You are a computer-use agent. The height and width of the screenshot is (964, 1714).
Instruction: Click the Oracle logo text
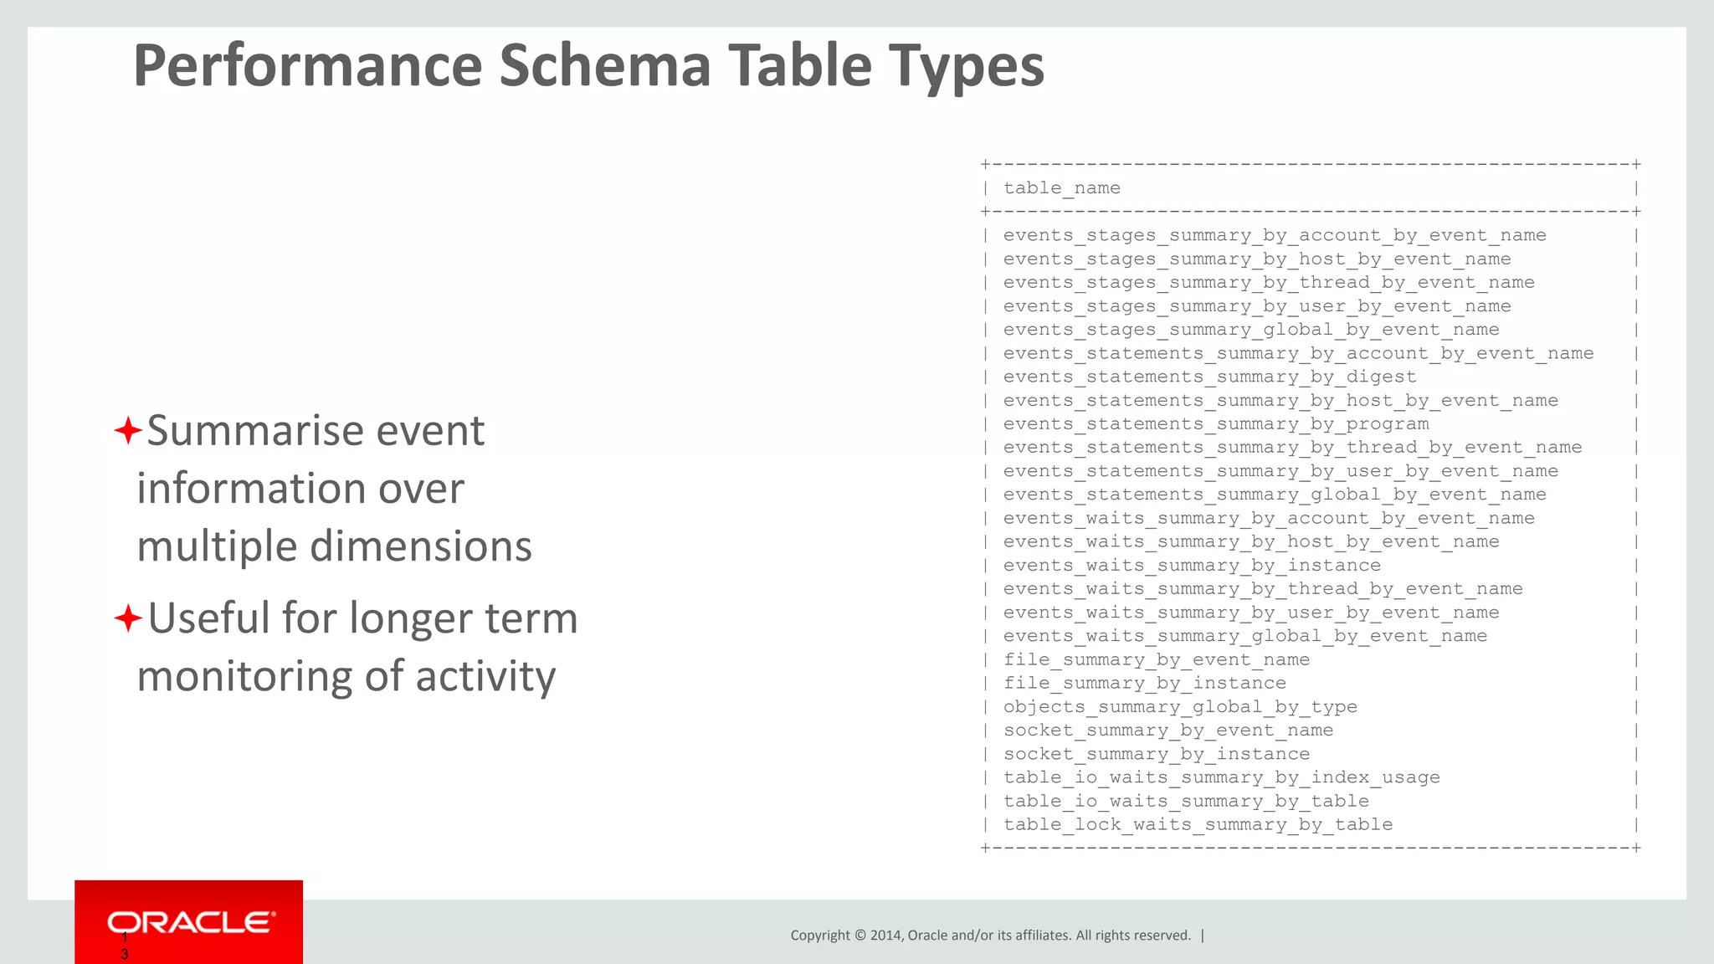pyautogui.click(x=191, y=922)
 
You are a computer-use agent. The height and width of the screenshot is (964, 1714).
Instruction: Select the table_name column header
pyautogui.click(x=1061, y=188)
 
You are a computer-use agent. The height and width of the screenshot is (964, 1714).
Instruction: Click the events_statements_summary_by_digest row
pyautogui.click(x=1209, y=377)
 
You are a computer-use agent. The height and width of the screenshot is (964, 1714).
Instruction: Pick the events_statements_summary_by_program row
pyautogui.click(x=1216, y=424)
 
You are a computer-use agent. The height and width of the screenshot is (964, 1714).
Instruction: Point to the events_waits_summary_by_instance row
pyautogui.click(x=1192, y=566)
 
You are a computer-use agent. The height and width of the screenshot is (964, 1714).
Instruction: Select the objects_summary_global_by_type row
pyautogui.click(x=1180, y=707)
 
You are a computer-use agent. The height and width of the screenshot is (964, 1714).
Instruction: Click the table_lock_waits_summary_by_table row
pyautogui.click(x=1198, y=825)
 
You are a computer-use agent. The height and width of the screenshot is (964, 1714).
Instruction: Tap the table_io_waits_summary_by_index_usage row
pyautogui.click(x=1221, y=777)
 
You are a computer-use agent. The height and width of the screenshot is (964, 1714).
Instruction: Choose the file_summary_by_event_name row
pyautogui.click(x=1157, y=660)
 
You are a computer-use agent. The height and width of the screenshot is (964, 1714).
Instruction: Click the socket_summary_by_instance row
pyautogui.click(x=1157, y=754)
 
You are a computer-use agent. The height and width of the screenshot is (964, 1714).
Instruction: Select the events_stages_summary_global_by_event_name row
pyautogui.click(x=1251, y=330)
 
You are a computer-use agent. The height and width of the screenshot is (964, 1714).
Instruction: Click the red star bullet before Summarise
pyautogui.click(x=127, y=432)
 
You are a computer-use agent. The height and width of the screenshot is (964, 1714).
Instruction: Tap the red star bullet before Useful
pyautogui.click(x=127, y=619)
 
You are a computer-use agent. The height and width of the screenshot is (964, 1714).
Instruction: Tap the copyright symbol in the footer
pyautogui.click(x=860, y=936)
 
